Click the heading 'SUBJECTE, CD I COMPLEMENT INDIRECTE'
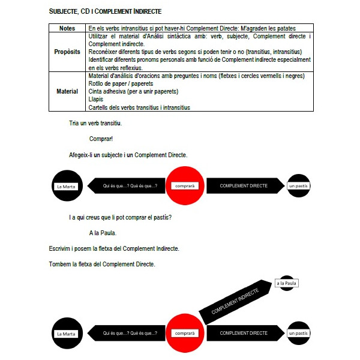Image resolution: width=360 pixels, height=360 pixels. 105,11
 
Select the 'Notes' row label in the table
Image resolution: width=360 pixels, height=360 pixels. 67,28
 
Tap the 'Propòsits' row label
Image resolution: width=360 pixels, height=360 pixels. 67,52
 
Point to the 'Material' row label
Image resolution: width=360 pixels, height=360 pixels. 67,92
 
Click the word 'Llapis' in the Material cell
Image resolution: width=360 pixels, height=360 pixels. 96,100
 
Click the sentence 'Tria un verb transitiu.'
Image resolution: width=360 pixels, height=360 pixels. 95,124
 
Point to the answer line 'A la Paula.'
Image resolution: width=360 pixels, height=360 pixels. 102,233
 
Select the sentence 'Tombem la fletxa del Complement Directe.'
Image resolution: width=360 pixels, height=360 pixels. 102,264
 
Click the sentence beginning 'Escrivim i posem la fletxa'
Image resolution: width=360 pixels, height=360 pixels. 114,248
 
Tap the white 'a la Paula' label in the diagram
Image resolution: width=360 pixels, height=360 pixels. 287,283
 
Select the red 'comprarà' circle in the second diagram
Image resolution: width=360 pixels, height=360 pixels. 184,333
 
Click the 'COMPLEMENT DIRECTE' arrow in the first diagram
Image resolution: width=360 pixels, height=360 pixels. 244,186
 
